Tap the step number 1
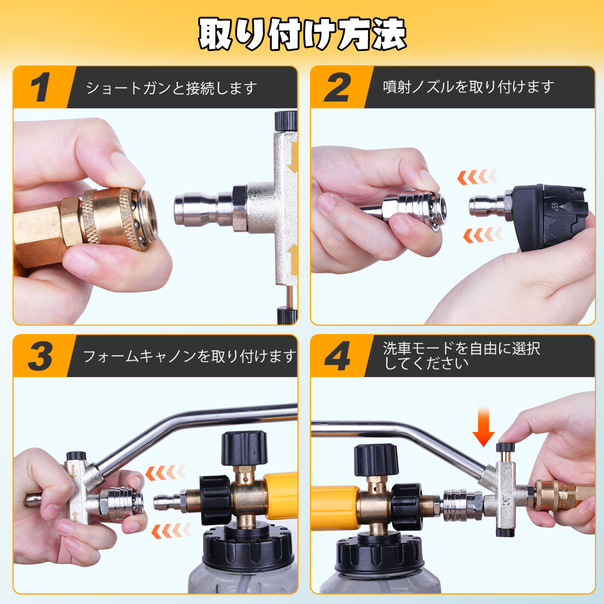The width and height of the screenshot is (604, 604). click(41, 87)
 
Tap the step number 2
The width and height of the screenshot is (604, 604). click(338, 87)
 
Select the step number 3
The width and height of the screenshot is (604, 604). click(41, 356)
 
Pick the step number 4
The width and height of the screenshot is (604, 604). click(338, 356)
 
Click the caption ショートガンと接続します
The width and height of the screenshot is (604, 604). click(171, 88)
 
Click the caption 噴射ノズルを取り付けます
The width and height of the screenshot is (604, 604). click(468, 87)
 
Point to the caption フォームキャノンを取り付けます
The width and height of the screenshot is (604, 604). click(189, 356)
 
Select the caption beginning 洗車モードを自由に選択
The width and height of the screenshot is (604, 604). click(461, 356)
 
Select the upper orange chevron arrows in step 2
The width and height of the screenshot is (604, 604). click(477, 177)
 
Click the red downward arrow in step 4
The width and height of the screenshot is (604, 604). click(483, 426)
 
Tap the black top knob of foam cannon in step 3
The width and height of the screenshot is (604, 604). click(244, 448)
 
